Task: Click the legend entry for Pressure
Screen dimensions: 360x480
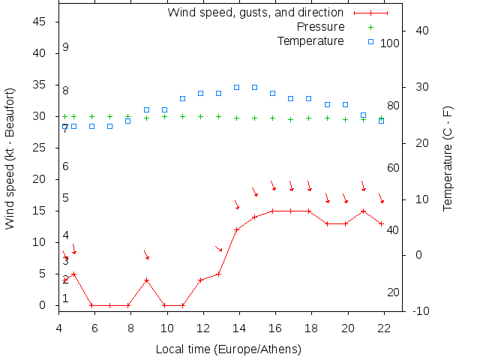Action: pos(321,27)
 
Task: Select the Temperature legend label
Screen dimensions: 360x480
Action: pos(310,40)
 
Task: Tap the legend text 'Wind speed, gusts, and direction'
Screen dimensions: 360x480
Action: pos(255,13)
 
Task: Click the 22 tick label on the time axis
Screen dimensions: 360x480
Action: pos(384,328)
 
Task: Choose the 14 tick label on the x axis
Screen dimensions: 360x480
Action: pos(239,328)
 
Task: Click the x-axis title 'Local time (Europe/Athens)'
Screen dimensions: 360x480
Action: pos(228,349)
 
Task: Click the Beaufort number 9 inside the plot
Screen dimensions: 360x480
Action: pos(66,47)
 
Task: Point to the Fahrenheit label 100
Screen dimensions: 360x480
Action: pos(390,43)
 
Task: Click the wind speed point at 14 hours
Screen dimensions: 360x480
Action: pos(236,229)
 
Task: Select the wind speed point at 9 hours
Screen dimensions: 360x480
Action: pos(146,280)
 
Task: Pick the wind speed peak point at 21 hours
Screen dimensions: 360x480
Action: pos(363,211)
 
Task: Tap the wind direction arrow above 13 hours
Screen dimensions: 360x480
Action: pos(219,248)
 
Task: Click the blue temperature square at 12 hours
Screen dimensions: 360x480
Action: pos(200,93)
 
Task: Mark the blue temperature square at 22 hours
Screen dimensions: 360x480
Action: pos(381,121)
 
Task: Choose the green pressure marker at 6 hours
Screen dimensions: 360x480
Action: pos(91,117)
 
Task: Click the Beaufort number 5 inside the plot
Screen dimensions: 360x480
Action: pos(66,198)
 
